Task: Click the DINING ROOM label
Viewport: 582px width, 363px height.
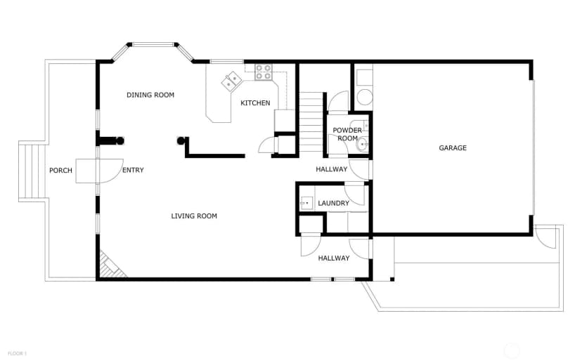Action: [x=150, y=95]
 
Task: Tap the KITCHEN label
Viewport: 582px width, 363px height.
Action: [x=255, y=103]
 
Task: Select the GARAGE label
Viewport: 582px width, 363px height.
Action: [x=453, y=148]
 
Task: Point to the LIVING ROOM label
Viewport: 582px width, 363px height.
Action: [x=194, y=216]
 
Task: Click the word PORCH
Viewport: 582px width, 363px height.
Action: [x=61, y=171]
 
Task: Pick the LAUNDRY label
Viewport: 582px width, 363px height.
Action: [x=334, y=203]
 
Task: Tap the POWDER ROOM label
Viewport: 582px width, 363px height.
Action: [x=347, y=134]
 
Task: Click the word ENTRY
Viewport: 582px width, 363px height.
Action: [x=133, y=170]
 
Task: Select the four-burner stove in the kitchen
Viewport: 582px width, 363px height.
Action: [x=264, y=72]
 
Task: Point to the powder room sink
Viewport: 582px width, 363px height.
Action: [x=363, y=144]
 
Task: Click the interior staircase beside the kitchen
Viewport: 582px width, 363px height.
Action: [x=311, y=121]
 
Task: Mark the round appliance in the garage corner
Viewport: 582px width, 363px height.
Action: [x=364, y=97]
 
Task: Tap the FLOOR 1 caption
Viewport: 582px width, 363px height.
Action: [x=17, y=354]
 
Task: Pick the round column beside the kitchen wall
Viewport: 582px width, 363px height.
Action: [x=181, y=141]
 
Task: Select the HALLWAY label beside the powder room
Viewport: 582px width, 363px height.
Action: [x=332, y=169]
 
